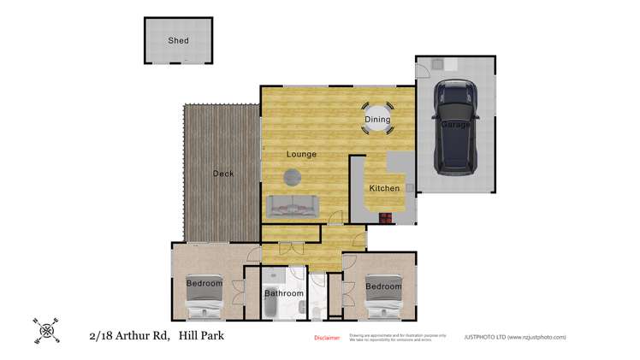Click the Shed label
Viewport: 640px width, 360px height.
pos(178,40)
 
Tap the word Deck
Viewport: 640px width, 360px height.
pos(222,174)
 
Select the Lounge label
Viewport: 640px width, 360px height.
pos(301,154)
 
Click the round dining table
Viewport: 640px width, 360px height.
pos(377,120)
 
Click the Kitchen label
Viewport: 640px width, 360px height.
pos(384,188)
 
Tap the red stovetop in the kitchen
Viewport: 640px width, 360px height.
pos(387,217)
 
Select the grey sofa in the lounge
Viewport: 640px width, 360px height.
pos(292,205)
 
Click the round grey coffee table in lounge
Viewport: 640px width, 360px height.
pos(293,177)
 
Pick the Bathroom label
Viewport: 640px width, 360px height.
pos(283,293)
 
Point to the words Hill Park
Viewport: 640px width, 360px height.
pos(202,336)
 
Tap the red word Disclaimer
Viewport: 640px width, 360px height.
pos(328,338)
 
